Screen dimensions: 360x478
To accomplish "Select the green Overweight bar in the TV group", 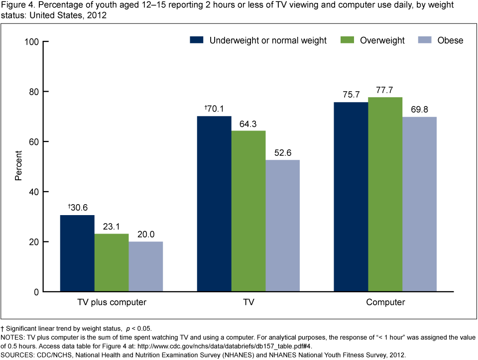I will [x=248, y=211].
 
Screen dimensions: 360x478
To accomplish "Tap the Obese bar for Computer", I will [x=420, y=204].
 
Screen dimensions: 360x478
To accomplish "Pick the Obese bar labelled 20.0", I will [x=145, y=266].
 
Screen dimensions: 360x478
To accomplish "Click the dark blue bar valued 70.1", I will [x=214, y=204].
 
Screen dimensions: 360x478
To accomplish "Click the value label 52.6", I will [x=282, y=153].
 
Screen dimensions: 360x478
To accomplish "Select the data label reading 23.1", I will [x=112, y=227].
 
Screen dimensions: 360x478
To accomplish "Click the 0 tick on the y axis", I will [x=36, y=292].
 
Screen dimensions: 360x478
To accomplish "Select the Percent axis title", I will [x=18, y=166].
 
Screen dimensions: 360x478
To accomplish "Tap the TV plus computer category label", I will [x=111, y=302].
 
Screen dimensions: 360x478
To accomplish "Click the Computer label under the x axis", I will [x=385, y=302].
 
